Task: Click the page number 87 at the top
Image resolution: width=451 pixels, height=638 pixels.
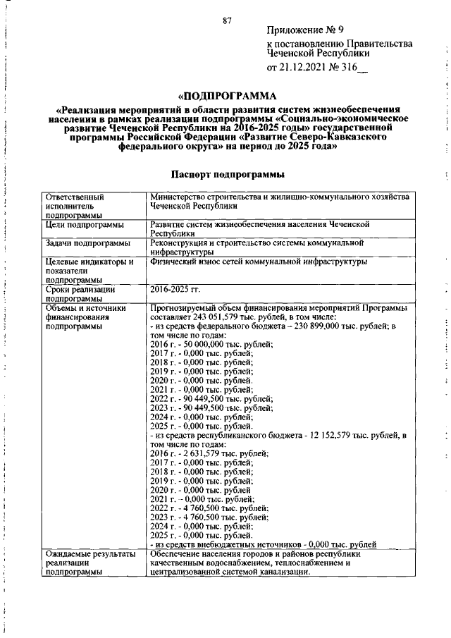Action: click(x=227, y=20)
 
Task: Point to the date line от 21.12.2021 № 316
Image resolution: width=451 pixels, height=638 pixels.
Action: click(x=316, y=68)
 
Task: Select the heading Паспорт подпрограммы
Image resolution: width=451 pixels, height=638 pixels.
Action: click(x=227, y=174)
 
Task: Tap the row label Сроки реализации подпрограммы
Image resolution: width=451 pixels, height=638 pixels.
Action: click(x=79, y=293)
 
